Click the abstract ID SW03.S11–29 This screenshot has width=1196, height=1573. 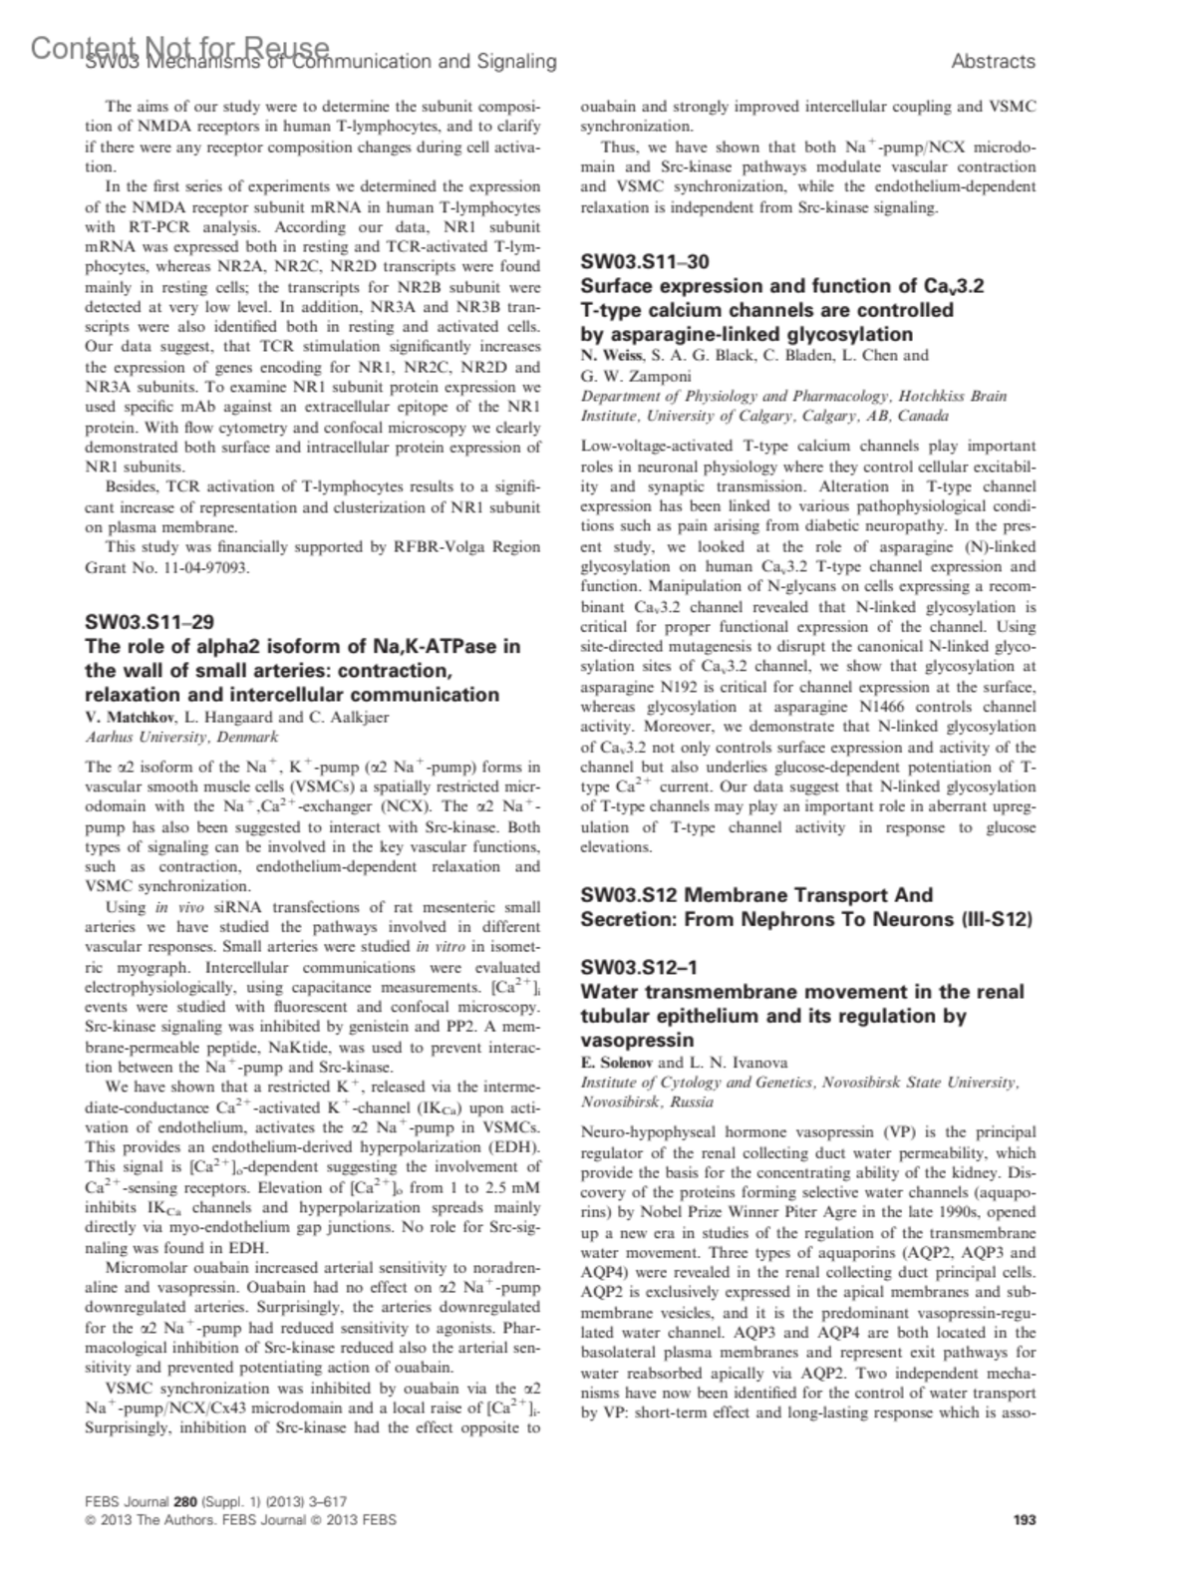[149, 622]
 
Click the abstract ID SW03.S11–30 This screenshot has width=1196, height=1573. [645, 262]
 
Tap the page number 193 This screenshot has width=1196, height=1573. [1024, 1520]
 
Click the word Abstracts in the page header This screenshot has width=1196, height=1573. [993, 62]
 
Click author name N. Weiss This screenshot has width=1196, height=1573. [610, 355]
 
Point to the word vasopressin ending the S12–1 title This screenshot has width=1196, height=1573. [637, 1040]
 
